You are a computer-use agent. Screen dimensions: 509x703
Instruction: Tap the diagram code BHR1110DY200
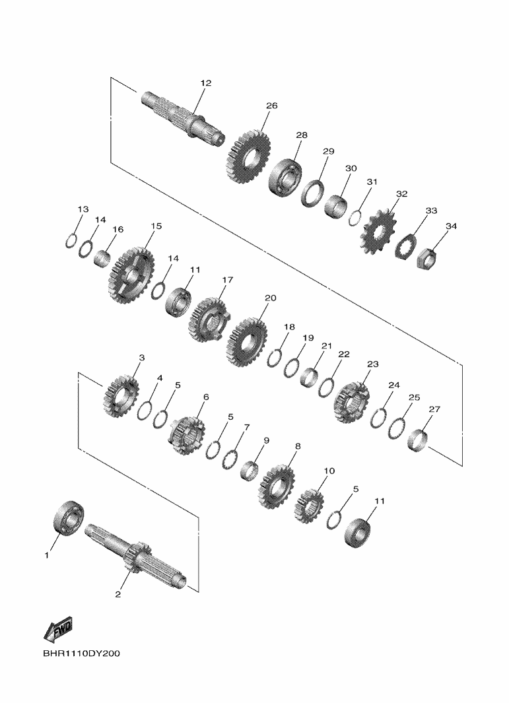tap(82, 653)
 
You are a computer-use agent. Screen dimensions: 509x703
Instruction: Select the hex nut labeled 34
tap(427, 259)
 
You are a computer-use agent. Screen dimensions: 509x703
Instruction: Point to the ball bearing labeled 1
tap(69, 517)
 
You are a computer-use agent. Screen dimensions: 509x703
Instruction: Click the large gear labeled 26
tap(249, 156)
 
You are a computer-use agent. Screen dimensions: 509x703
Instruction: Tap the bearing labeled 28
tap(285, 178)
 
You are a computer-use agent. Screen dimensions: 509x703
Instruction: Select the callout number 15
tap(156, 226)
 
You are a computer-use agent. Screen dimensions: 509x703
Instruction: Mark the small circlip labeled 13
tap(71, 241)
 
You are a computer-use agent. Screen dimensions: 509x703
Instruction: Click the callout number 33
tap(431, 211)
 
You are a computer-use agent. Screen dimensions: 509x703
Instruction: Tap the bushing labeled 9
tap(250, 470)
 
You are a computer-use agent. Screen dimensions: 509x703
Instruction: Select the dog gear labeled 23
tap(352, 402)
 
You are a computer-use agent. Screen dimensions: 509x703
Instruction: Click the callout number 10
tap(329, 471)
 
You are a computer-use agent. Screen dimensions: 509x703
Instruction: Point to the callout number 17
tap(227, 280)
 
